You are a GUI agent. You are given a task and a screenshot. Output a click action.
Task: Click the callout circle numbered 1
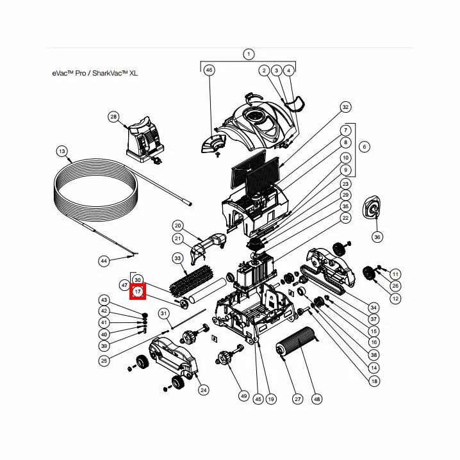tap(249, 54)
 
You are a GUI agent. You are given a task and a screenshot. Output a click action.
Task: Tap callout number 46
tap(209, 70)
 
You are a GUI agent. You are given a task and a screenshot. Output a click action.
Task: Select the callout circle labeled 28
tap(113, 117)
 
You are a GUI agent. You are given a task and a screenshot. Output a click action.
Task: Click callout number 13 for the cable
tap(62, 151)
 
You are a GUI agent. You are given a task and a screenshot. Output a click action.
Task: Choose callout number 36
tap(377, 237)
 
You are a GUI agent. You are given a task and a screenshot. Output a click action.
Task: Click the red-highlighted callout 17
tap(138, 292)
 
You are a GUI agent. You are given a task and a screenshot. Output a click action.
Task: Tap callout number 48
tap(316, 398)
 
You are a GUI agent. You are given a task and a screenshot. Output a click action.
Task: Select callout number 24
tap(204, 390)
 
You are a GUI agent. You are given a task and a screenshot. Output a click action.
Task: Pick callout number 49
tap(243, 396)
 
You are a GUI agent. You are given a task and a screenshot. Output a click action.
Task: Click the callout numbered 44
tap(103, 261)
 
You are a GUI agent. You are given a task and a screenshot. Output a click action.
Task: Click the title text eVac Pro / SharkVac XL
tap(95, 74)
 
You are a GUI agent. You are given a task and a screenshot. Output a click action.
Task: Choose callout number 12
tap(395, 299)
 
